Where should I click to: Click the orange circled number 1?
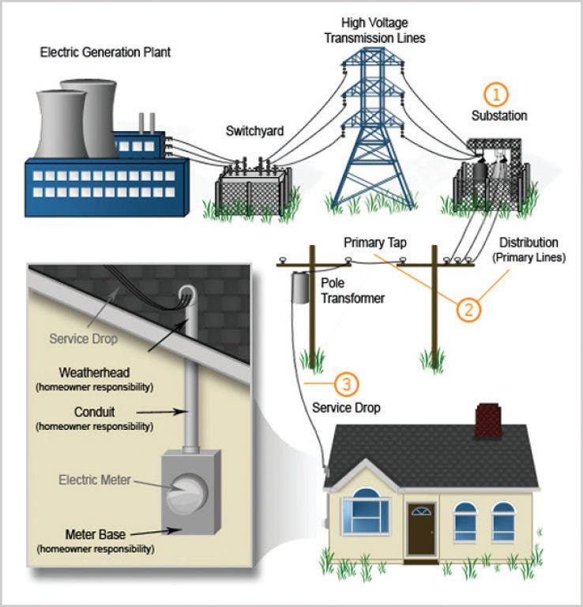click(496, 96)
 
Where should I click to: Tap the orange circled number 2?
click(468, 308)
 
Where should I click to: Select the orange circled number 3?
click(347, 384)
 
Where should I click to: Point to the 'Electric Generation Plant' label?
click(106, 52)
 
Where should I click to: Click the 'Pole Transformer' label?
click(353, 290)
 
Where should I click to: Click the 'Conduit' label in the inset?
click(94, 411)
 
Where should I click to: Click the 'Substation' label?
click(499, 116)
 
